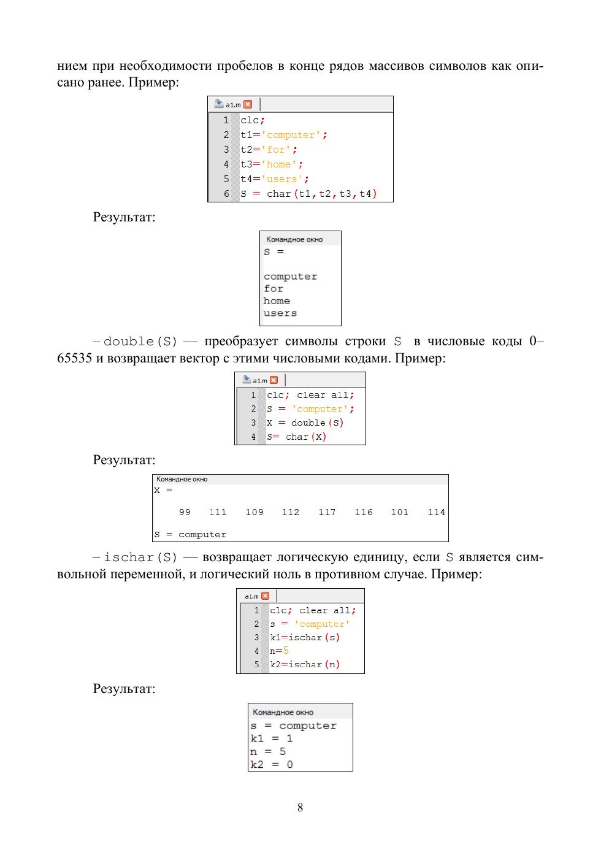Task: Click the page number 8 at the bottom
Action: pyautogui.click(x=300, y=807)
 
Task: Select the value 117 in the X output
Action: pyautogui.click(x=327, y=512)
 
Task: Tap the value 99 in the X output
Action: pyautogui.click(x=185, y=512)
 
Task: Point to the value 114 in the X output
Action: pyautogui.click(x=436, y=512)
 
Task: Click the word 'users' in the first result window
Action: pyautogui.click(x=280, y=313)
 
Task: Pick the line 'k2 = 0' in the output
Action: pyautogui.click(x=272, y=764)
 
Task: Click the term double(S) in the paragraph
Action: pyautogui.click(x=140, y=342)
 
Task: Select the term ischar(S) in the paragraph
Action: pyautogui.click(x=140, y=557)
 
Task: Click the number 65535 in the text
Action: pyautogui.click(x=75, y=358)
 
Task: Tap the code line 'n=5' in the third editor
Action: pyautogui.click(x=279, y=651)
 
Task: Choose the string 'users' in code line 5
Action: pyautogui.click(x=284, y=179)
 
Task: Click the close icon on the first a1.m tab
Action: pyautogui.click(x=248, y=104)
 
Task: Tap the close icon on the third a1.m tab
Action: pyautogui.click(x=265, y=596)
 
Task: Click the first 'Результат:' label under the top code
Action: pyautogui.click(x=124, y=217)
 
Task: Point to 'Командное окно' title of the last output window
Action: pyautogui.click(x=283, y=712)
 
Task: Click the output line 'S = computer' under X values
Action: pyautogui.click(x=190, y=534)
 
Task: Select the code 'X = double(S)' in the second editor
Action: pyautogui.click(x=305, y=423)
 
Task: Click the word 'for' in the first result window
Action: pyautogui.click(x=274, y=289)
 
